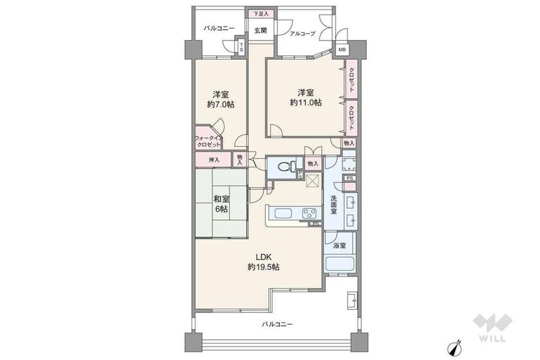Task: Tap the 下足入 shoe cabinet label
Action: point(261,13)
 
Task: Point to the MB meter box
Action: point(342,50)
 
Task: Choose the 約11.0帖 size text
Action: point(305,102)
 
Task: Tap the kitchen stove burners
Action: point(309,213)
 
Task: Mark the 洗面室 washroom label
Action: point(333,205)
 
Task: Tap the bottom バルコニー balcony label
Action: point(277,324)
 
